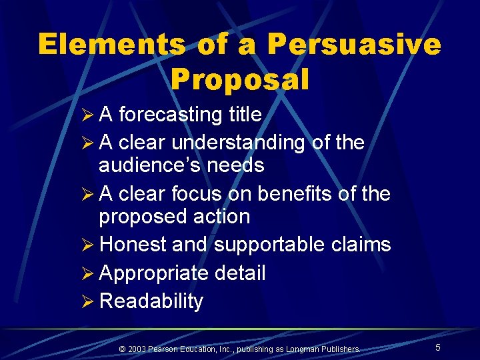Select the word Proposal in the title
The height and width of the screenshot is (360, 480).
point(240,79)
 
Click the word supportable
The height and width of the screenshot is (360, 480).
point(269,245)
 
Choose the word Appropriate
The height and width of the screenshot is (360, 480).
point(156,273)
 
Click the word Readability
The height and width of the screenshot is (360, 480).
point(151,301)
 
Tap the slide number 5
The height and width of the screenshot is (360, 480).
point(438,347)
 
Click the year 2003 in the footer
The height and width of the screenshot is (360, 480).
point(137,349)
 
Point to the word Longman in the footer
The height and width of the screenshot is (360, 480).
point(305,349)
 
